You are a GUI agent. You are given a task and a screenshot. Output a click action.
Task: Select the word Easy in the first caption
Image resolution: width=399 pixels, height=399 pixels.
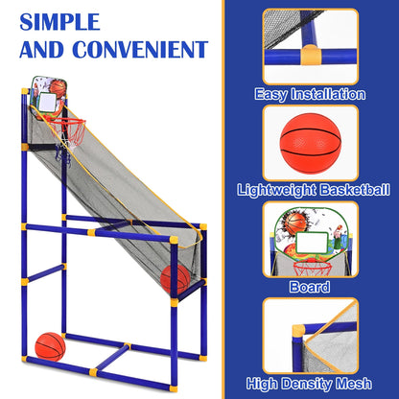(272, 95)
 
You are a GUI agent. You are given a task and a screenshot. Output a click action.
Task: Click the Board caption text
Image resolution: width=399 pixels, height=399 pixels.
(310, 286)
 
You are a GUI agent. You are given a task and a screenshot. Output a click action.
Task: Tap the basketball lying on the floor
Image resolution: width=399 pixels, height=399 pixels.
(50, 345)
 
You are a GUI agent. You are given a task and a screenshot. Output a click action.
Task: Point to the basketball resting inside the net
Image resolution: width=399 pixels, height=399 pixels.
(175, 278)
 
